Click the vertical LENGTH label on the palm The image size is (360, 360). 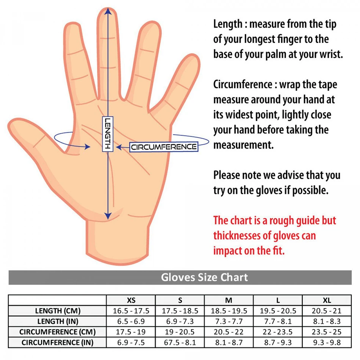coord(108,134)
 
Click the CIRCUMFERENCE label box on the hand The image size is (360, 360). coord(164,147)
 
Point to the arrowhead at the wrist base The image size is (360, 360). coord(108,215)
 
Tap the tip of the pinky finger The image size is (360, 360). coord(193,61)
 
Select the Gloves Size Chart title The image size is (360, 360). coord(204,277)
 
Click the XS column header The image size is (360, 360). coord(131,301)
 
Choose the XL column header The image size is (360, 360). coord(327,301)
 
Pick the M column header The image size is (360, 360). coord(229,301)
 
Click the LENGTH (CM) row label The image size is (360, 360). coord(58,311)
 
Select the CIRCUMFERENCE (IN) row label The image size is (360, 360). coord(58,343)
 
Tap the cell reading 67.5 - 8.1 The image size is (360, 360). coord(180,343)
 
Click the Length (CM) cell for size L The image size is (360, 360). coord(278,311)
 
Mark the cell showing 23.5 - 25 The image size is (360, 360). coord(327,332)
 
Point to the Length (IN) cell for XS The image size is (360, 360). coord(131,321)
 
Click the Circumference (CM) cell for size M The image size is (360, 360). coord(229,332)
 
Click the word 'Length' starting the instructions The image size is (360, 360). coord(228,24)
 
